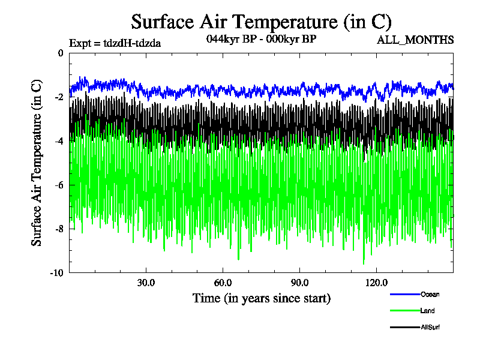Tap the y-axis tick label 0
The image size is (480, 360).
60,53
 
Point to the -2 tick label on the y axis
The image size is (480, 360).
58,97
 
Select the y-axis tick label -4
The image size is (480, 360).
58,141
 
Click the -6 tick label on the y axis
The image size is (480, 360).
58,185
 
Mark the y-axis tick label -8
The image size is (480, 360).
58,229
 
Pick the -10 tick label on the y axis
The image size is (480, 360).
56,272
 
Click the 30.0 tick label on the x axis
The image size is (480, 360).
146,283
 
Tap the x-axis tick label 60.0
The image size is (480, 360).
223,283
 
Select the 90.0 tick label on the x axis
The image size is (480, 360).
299,283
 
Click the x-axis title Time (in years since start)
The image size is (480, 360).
261,298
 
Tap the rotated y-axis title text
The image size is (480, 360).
37,163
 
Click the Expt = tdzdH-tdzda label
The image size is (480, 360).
115,43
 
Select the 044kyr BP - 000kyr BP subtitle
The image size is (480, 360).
261,39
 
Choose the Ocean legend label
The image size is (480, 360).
430,294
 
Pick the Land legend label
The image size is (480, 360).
428,311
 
